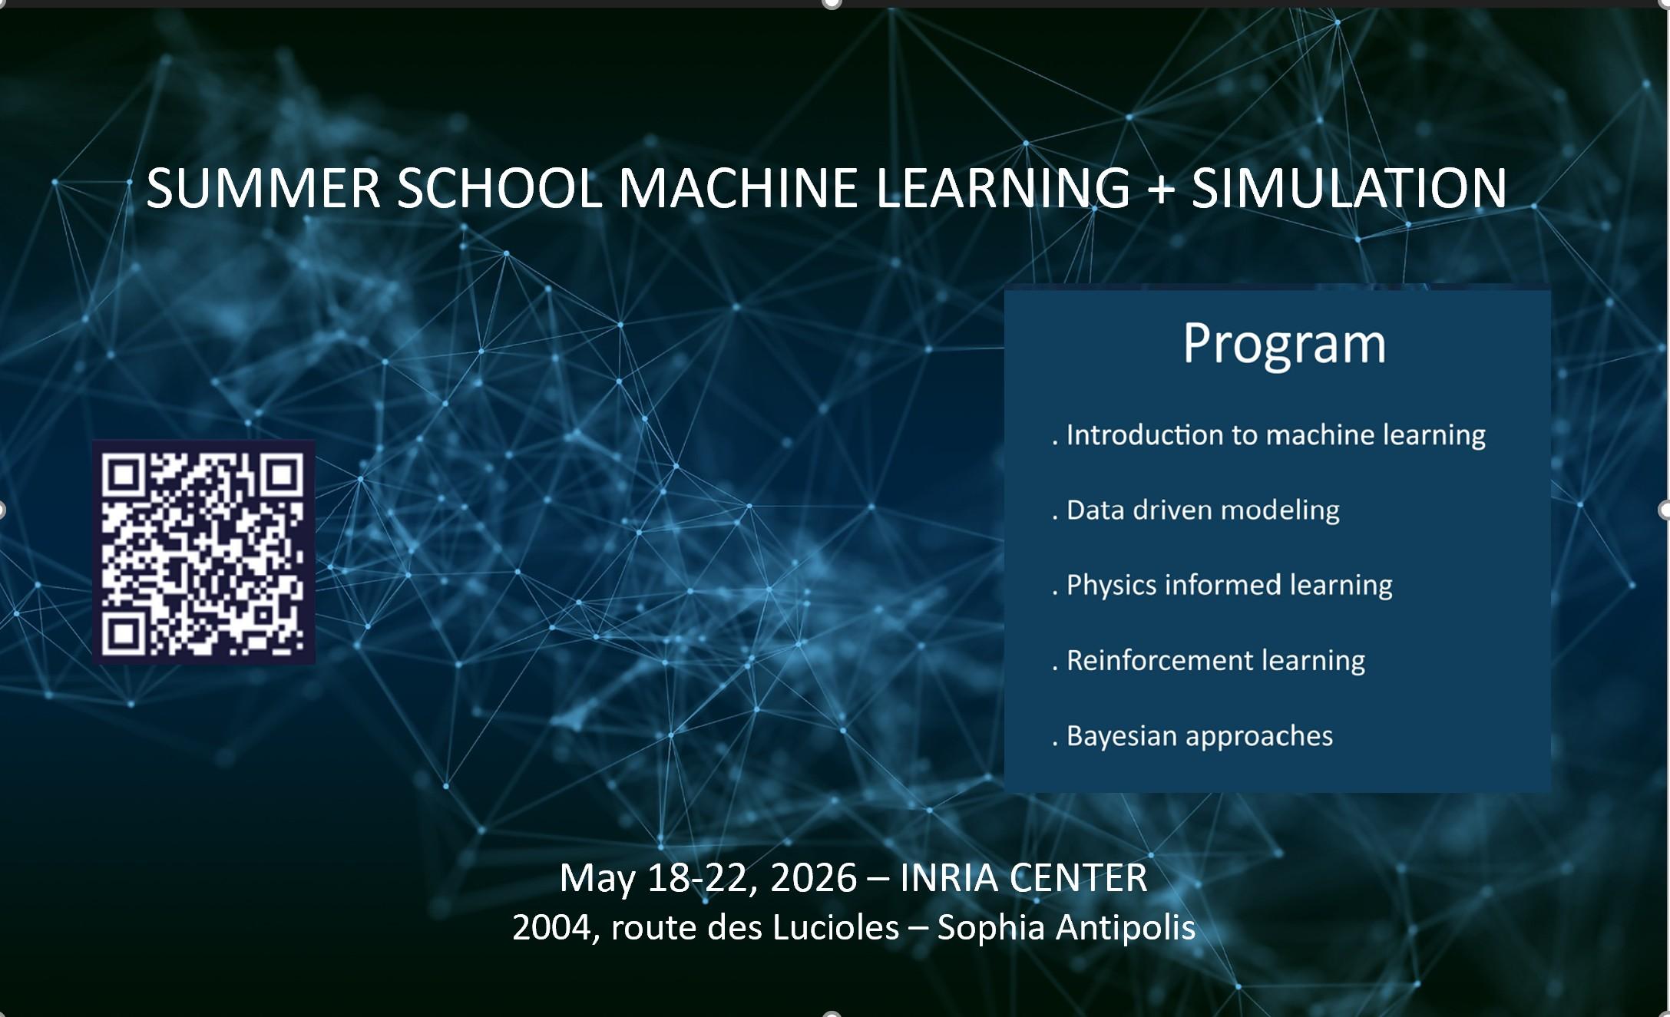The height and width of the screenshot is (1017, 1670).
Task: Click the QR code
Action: tap(203, 551)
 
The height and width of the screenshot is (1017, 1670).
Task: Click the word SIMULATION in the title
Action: tap(1349, 189)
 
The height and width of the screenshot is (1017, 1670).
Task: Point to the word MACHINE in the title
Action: tap(737, 189)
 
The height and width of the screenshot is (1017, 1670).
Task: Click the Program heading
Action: tap(1284, 344)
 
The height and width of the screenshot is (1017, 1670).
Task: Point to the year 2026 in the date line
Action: tap(813, 878)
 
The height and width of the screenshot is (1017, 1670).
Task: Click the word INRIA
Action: tap(947, 878)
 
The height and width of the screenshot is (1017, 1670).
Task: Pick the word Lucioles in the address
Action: tap(835, 928)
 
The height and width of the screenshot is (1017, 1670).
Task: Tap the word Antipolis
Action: tap(1126, 928)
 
